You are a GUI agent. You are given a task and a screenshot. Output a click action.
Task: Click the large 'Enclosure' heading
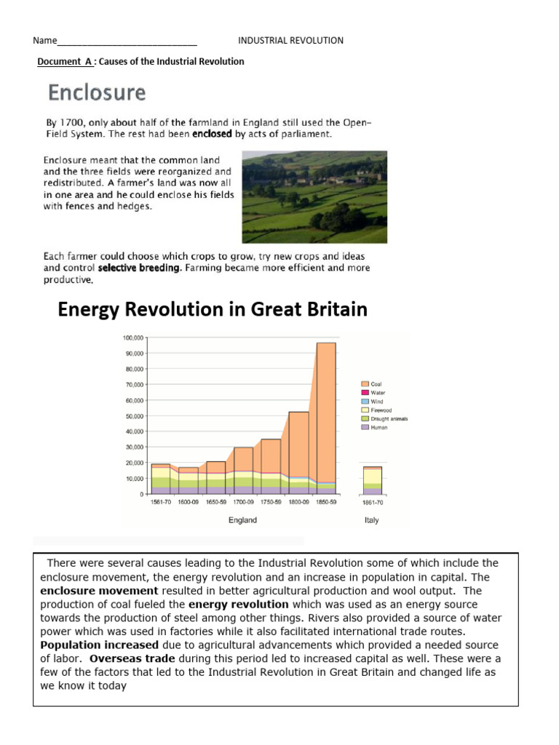[97, 93]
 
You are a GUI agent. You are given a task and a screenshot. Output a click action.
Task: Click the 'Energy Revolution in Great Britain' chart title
[213, 310]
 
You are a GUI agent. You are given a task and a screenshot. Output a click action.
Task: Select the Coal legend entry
[376, 384]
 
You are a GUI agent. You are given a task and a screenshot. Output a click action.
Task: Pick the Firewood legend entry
[381, 410]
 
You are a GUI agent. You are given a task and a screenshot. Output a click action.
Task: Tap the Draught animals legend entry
[389, 419]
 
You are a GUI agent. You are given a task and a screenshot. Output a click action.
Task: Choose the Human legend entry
[378, 428]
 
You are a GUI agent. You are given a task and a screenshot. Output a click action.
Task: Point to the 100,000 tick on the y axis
[134, 338]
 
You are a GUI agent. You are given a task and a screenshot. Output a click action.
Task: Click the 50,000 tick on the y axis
[135, 416]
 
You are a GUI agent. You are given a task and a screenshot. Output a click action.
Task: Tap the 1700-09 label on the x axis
[242, 502]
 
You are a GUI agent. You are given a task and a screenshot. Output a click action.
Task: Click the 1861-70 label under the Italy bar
[372, 502]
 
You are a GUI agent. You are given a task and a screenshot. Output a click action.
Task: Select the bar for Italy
[372, 480]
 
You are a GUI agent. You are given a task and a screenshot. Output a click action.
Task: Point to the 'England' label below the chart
[242, 520]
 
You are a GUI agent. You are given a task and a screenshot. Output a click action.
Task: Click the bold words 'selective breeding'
[139, 268]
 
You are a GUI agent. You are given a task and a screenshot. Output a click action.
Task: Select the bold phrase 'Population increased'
[99, 645]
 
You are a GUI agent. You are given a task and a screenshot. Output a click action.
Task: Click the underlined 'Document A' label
[65, 62]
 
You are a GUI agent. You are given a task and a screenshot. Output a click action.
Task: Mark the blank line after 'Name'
[127, 41]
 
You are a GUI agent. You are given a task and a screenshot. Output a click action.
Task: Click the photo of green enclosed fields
[314, 196]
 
